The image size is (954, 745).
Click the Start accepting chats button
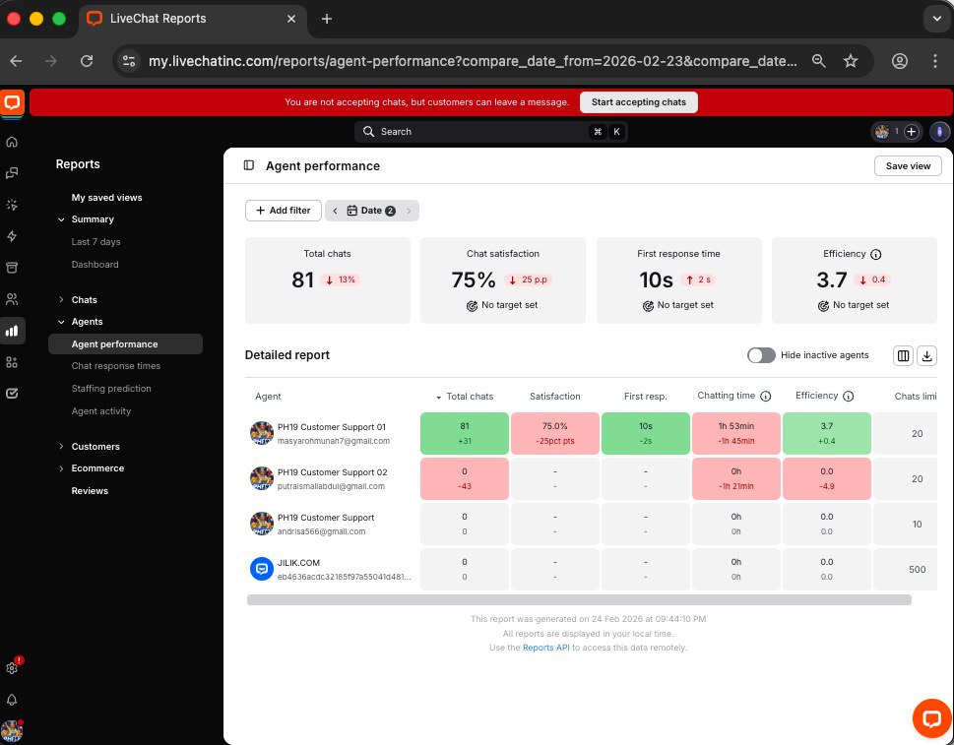click(x=638, y=102)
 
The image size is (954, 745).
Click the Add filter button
click(x=284, y=211)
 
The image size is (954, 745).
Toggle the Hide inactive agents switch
click(x=761, y=355)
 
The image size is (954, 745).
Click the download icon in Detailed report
click(x=926, y=355)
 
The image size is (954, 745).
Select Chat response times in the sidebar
click(x=116, y=366)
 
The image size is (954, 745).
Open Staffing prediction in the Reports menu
click(x=111, y=389)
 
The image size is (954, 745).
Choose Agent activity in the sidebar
click(x=101, y=411)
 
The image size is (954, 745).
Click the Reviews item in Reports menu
click(x=90, y=491)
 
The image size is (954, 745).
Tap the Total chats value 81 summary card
click(x=303, y=280)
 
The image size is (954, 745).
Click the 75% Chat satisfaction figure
click(x=474, y=280)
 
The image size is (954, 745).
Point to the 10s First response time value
click(x=656, y=280)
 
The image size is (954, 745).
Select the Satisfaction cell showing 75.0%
click(x=555, y=427)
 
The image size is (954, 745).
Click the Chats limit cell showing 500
click(x=917, y=570)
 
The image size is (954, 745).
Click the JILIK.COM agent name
click(x=299, y=563)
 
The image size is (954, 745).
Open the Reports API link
click(x=545, y=648)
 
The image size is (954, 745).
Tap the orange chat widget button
click(x=930, y=717)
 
